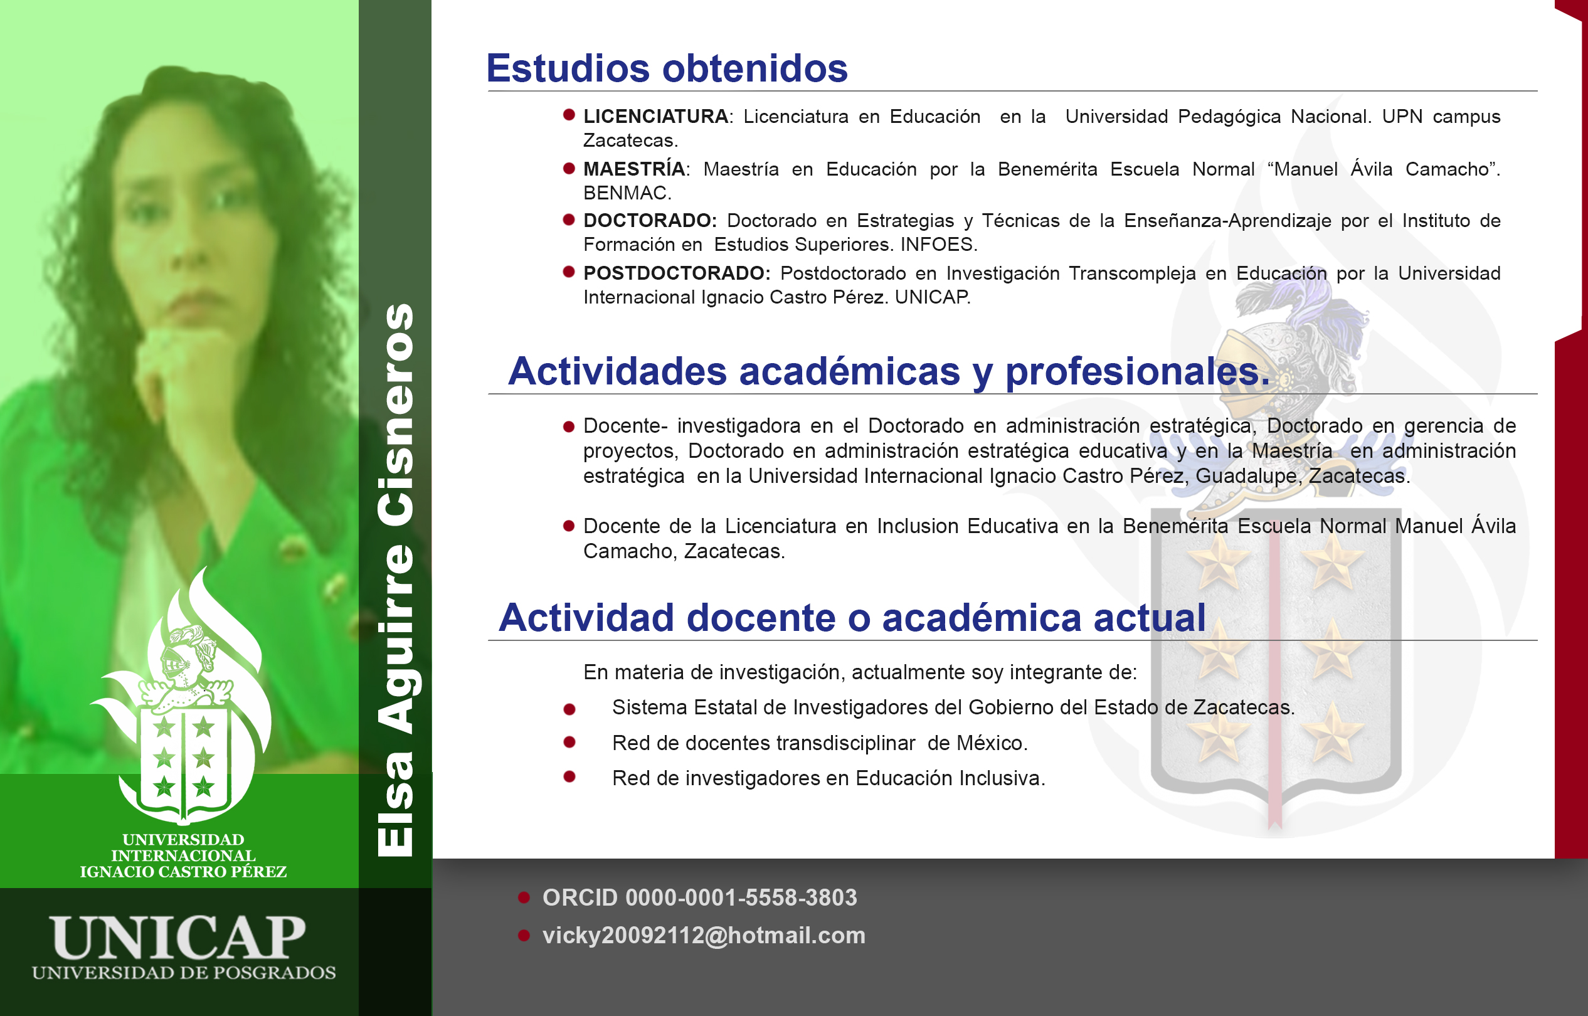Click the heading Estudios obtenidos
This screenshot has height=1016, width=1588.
pyautogui.click(x=667, y=68)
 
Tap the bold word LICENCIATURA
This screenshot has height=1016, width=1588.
pyautogui.click(x=656, y=116)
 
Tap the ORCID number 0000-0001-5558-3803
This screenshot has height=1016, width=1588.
pyautogui.click(x=741, y=897)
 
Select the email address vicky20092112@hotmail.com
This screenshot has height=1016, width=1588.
pyautogui.click(x=703, y=936)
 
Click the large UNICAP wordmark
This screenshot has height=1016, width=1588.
pyautogui.click(x=178, y=938)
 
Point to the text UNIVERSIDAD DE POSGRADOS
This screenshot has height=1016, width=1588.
pyautogui.click(x=183, y=973)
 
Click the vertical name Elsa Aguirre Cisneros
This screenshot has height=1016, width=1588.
pyautogui.click(x=395, y=580)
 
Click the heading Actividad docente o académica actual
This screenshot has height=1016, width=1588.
pyautogui.click(x=852, y=618)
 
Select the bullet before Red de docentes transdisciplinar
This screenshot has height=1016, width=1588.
pyautogui.click(x=569, y=742)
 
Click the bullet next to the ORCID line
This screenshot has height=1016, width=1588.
pyautogui.click(x=524, y=897)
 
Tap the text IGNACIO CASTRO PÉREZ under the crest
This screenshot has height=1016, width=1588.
pyautogui.click(x=183, y=872)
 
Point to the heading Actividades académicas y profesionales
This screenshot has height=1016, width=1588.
pyautogui.click(x=889, y=371)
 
